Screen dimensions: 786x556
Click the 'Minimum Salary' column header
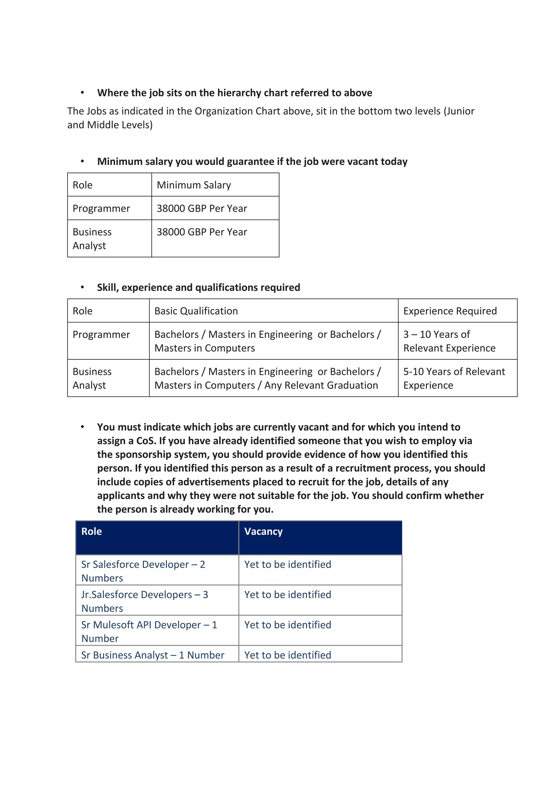click(194, 185)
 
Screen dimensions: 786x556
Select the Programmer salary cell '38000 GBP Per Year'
click(202, 208)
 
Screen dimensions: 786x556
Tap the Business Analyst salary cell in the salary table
click(202, 232)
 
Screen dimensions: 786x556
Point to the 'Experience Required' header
click(450, 311)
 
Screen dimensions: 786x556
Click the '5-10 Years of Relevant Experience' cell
click(454, 378)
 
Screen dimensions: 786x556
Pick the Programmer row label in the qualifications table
click(101, 334)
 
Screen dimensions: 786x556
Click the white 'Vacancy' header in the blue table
click(263, 531)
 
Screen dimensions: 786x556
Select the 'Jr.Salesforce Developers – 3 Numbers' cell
click(144, 601)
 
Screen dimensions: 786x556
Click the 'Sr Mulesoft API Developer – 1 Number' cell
click(149, 631)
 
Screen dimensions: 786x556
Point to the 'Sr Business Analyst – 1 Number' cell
click(153, 655)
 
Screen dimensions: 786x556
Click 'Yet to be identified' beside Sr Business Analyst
click(288, 655)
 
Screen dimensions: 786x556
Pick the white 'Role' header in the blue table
click(91, 531)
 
